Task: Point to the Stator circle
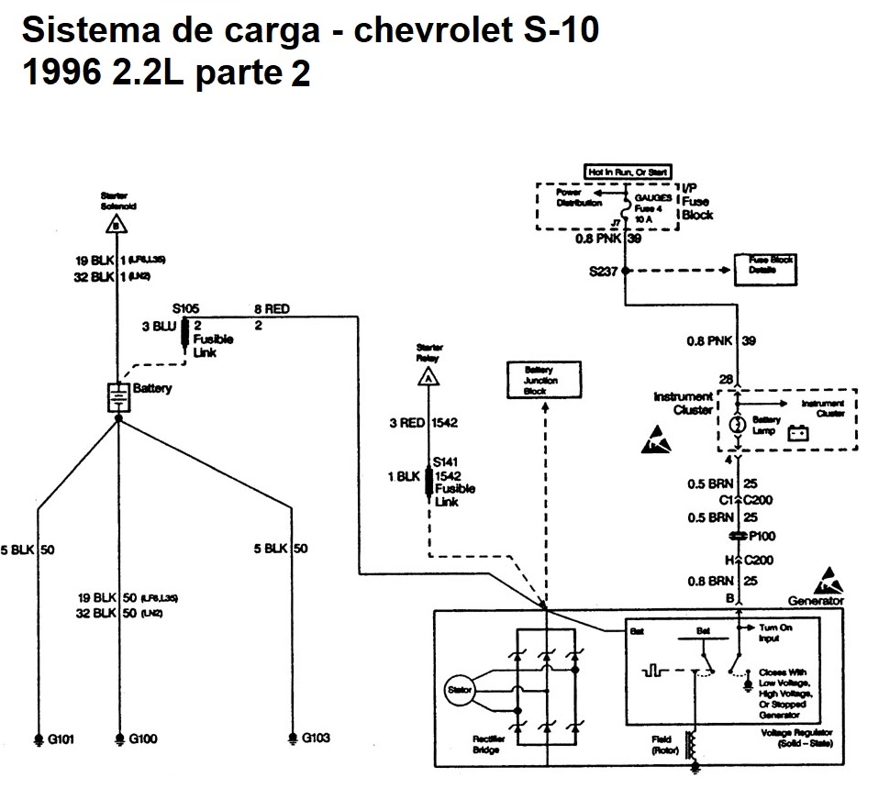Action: click(x=458, y=689)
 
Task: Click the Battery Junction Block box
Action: click(x=546, y=379)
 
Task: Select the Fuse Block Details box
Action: click(x=769, y=266)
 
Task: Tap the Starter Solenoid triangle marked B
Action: click(x=115, y=223)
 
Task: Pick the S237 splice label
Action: click(x=603, y=271)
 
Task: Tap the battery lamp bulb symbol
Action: click(x=737, y=425)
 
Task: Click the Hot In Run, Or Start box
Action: click(x=629, y=172)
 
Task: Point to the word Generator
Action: click(x=816, y=601)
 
